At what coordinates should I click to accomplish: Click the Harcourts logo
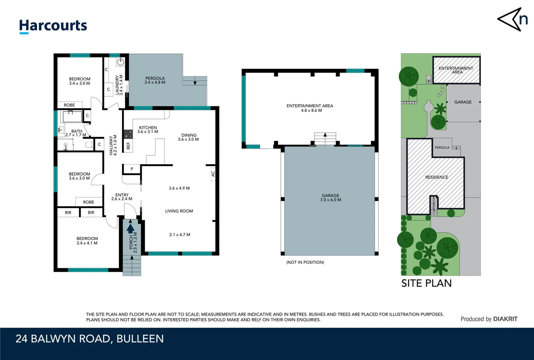53,26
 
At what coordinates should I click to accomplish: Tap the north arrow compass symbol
512,20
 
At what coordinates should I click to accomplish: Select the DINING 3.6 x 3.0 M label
189,137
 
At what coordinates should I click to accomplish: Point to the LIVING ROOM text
179,211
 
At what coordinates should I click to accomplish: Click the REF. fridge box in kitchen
128,146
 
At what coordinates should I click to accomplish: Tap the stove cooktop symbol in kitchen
128,134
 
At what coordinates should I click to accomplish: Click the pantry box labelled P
132,169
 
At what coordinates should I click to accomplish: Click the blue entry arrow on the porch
131,228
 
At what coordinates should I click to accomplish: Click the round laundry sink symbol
120,62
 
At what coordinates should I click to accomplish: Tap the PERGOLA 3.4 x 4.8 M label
155,80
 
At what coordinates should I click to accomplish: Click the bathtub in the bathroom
72,117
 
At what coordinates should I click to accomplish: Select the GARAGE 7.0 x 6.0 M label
330,198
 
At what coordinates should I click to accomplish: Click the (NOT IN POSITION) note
305,262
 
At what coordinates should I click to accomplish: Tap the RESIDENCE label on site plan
436,177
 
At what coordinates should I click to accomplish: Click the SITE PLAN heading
426,283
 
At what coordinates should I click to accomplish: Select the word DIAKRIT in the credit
505,319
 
